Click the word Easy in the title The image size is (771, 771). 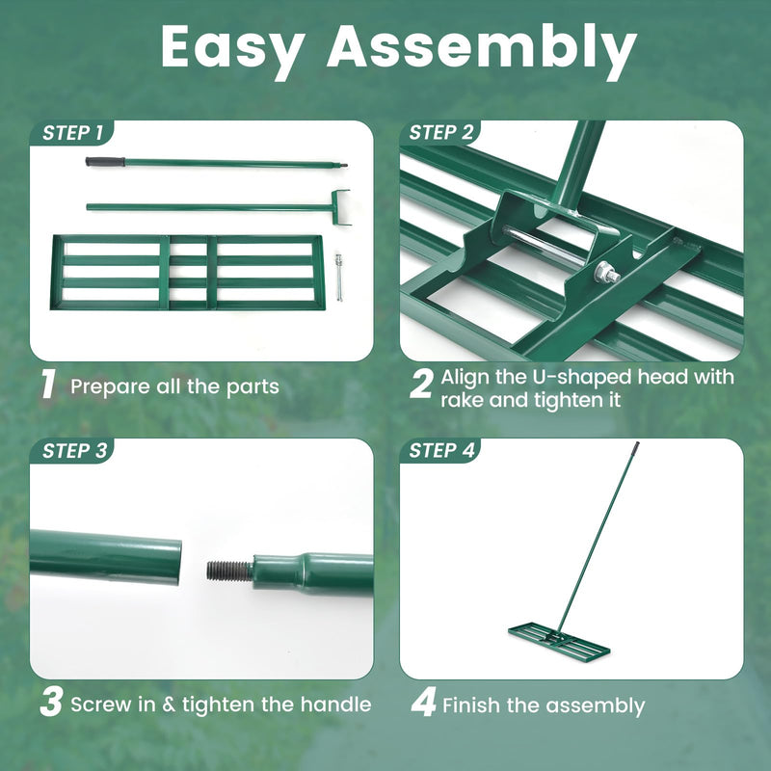[233, 48]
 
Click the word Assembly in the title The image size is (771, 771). [481, 48]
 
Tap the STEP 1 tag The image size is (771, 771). [72, 133]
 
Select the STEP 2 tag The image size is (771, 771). [442, 133]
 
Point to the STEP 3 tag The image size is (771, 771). [72, 450]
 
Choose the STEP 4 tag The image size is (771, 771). [442, 450]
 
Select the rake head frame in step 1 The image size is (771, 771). [187, 272]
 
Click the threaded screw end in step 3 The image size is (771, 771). [229, 571]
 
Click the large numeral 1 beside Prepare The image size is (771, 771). [48, 385]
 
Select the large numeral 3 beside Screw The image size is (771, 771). [50, 702]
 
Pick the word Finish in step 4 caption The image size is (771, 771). [471, 705]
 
